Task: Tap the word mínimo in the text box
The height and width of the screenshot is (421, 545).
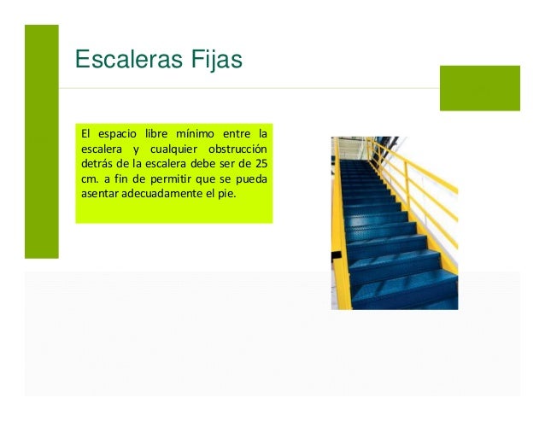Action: coord(195,133)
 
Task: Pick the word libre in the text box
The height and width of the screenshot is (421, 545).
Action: coord(155,133)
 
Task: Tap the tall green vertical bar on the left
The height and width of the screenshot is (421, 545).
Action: coord(41,141)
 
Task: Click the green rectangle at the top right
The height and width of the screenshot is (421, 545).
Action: coord(479,88)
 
